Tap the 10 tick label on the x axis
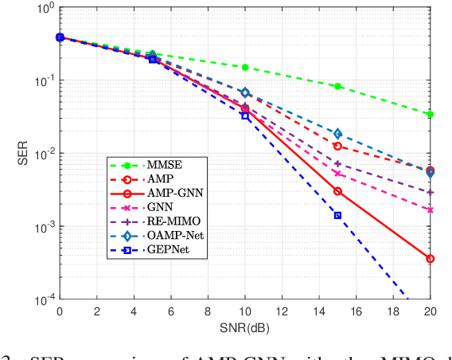[245, 313]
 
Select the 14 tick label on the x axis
[319, 313]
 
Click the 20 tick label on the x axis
[431, 313]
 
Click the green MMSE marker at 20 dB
[431, 115]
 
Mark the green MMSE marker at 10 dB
[245, 68]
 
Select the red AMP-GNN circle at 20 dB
[431, 259]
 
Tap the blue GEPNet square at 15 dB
[337, 215]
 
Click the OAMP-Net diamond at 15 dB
[337, 134]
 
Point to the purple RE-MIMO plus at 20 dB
[431, 192]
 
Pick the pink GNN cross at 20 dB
[431, 209]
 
